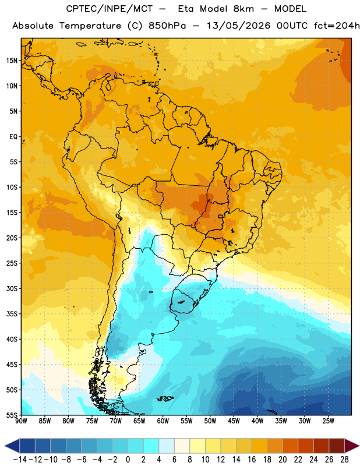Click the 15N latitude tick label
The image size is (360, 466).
(12, 61)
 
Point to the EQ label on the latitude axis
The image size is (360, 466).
(13, 137)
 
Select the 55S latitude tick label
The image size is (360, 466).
(12, 415)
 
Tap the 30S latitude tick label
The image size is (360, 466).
(12, 288)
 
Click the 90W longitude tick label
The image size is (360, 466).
(21, 421)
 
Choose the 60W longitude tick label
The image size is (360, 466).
(163, 421)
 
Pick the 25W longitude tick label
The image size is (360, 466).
(328, 421)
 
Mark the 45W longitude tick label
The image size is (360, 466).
(234, 421)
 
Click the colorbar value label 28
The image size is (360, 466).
(344, 460)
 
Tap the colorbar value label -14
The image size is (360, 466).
(20, 460)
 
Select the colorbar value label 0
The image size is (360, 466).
(128, 460)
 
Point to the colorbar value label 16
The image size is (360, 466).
(252, 460)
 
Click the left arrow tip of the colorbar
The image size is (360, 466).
(5, 446)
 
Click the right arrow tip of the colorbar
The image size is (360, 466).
(359, 446)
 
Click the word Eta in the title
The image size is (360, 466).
(186, 9)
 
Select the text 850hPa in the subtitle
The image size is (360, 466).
(167, 26)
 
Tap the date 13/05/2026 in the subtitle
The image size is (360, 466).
(239, 26)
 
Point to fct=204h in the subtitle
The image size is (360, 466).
(337, 26)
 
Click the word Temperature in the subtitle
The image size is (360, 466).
(90, 26)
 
